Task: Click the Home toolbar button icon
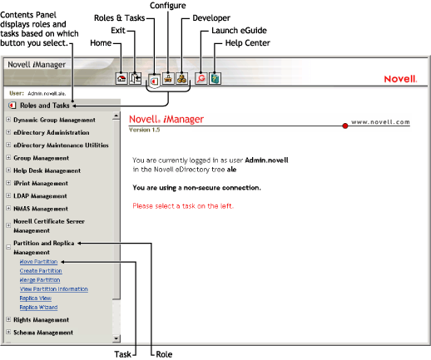coord(122,78)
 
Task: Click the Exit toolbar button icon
coord(136,78)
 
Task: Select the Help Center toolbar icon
coord(215,78)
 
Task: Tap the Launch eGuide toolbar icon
coord(200,78)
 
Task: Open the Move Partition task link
coord(39,261)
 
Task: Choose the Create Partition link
coord(40,271)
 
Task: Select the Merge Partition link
coord(40,280)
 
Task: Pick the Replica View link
coord(35,298)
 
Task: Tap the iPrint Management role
coord(41,183)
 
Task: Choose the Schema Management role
coord(42,333)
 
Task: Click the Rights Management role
coord(41,319)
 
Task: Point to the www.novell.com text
coord(380,121)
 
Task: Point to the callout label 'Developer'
coord(211,17)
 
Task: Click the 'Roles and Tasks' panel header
coord(46,106)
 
